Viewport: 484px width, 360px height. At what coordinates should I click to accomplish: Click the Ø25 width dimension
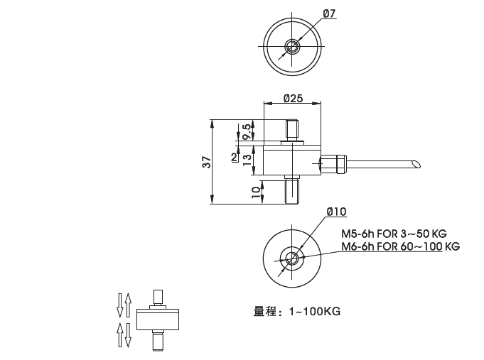pyautogui.click(x=291, y=98)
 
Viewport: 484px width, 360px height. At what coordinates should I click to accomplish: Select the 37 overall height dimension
pyautogui.click(x=206, y=162)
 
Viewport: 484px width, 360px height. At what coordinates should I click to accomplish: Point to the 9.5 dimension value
pyautogui.click(x=247, y=131)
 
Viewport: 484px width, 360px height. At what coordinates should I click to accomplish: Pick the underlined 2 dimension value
pyautogui.click(x=235, y=157)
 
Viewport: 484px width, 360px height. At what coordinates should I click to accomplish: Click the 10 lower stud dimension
pyautogui.click(x=256, y=190)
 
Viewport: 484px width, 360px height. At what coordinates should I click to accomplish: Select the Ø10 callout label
pyautogui.click(x=336, y=212)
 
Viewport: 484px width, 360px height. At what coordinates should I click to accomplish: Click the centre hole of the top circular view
pyautogui.click(x=291, y=48)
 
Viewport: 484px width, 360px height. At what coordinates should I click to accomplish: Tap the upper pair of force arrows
pyautogui.click(x=124, y=305)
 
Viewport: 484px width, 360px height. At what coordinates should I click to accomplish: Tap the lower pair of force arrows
pyautogui.click(x=124, y=334)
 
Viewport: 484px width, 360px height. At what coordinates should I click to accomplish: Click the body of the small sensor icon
pyautogui.click(x=158, y=320)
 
